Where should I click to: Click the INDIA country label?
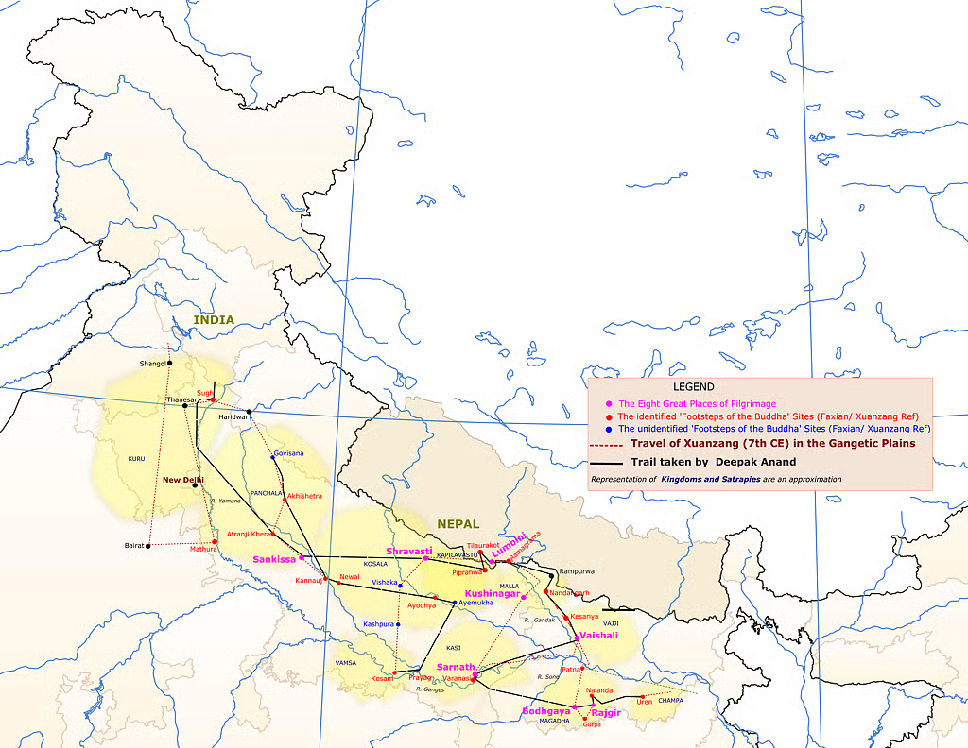point(214,320)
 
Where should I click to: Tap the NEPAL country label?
point(458,523)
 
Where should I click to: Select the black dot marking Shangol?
point(170,363)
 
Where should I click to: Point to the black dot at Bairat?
point(148,546)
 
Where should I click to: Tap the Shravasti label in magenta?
point(408,551)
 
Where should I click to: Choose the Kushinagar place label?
point(492,593)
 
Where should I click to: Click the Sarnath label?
point(456,667)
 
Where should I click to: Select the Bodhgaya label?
point(546,710)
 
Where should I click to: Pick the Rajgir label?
point(605,712)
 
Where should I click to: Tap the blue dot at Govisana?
point(273,456)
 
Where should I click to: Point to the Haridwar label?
point(232,417)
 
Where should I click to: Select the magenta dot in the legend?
point(610,404)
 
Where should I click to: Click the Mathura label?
point(203,549)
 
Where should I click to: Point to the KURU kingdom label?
point(136,459)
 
